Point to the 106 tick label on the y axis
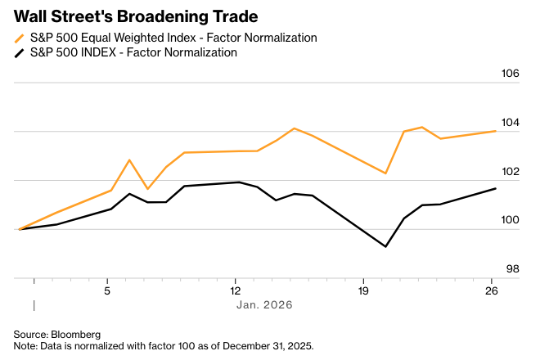tap(510, 74)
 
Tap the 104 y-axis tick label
tap(510, 123)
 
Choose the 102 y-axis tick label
tap(510, 172)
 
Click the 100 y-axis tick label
tap(510, 220)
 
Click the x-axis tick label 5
tap(107, 290)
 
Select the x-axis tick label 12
tap(235, 290)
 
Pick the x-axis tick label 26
tap(492, 290)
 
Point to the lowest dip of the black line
tap(385, 246)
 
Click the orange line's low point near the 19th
tap(385, 173)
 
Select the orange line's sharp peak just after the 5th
tap(129, 160)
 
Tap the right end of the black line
tap(496, 189)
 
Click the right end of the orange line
tap(496, 131)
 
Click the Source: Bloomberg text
tap(56, 334)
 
